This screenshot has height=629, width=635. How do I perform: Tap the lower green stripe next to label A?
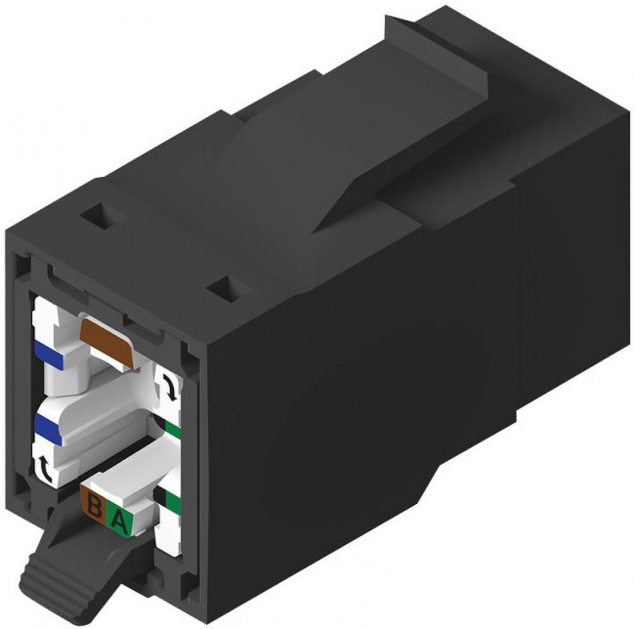172,503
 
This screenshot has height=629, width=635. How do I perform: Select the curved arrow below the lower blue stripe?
46,467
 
